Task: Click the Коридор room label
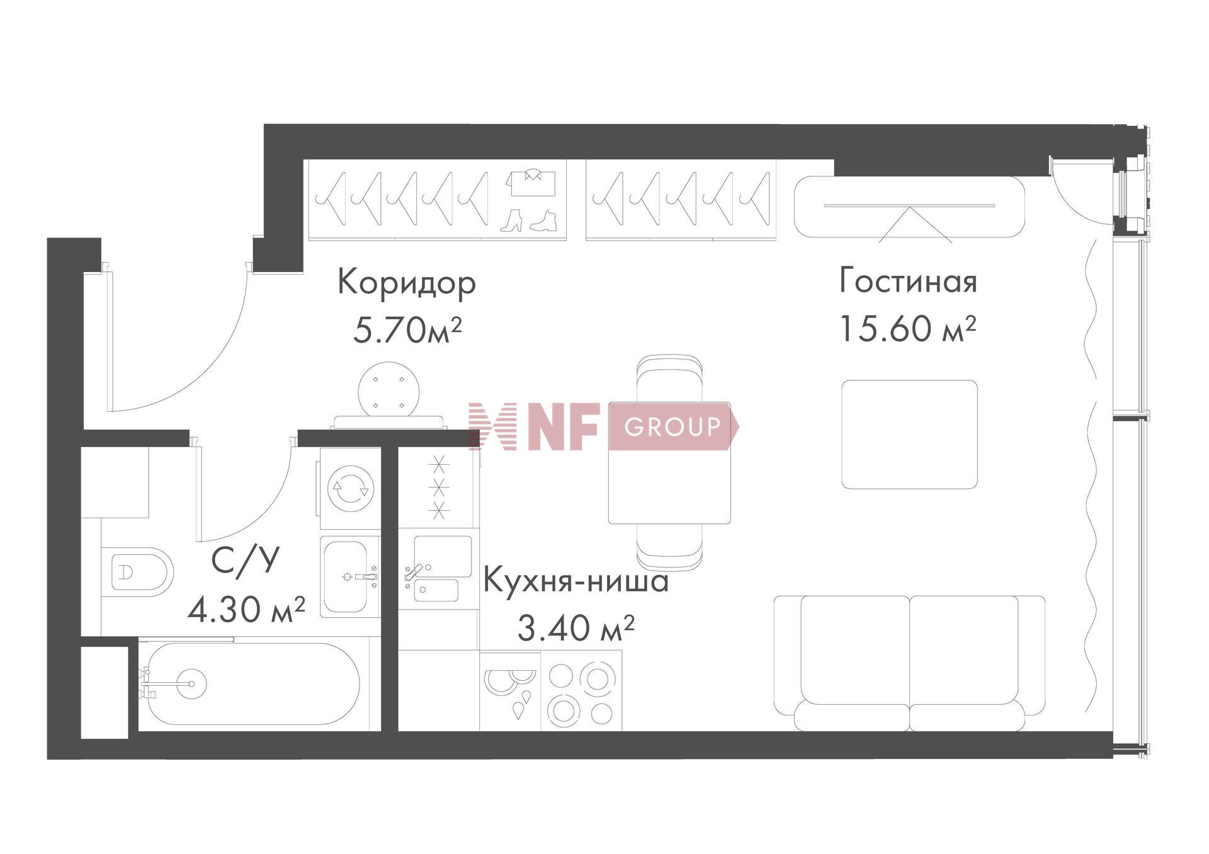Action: pos(407,283)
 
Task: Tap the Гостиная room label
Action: pos(908,281)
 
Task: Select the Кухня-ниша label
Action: pos(576,581)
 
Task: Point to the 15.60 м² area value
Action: pos(908,328)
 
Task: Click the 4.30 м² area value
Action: pos(247,609)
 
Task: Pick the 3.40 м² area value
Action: pos(576,627)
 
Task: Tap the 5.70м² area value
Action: pos(407,330)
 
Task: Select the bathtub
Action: pos(252,683)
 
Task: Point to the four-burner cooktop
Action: pos(581,691)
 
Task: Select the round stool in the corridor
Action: pos(389,389)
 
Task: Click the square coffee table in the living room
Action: pos(909,434)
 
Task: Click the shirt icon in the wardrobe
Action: pos(531,182)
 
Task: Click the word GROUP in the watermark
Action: pos(672,427)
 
